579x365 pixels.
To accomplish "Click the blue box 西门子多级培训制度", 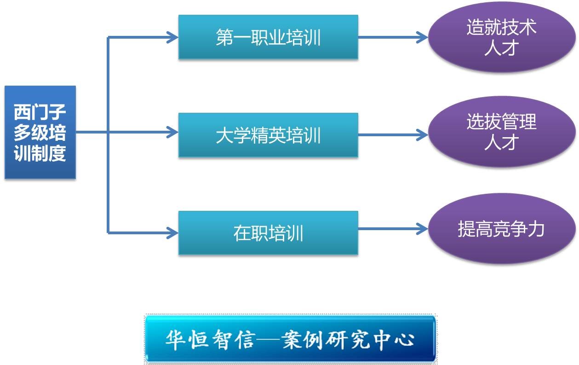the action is point(40,132).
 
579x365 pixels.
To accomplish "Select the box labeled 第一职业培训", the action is point(268,37).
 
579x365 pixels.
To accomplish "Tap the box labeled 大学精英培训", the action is point(268,135).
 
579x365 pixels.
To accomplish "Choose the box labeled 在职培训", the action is point(268,233).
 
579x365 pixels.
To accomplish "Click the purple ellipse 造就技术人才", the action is point(502,37).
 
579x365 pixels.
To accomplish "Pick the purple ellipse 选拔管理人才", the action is point(502,132).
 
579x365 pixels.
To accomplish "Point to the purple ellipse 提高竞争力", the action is point(502,229).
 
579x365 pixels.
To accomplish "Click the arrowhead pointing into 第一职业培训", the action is point(172,37).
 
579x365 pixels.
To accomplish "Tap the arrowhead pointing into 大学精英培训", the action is point(172,132).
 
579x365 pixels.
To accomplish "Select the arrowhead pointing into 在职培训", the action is point(172,233).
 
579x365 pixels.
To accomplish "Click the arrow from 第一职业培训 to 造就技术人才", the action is point(393,37).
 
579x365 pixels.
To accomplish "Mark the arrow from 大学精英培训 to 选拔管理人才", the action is point(393,135).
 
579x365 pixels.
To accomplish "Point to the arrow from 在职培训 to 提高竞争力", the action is point(393,229).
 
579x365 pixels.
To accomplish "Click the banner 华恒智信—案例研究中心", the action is point(290,339).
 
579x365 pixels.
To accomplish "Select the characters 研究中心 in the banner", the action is point(370,339).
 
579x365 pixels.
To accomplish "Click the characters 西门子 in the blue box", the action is point(40,112).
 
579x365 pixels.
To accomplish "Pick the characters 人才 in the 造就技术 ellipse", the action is point(501,48).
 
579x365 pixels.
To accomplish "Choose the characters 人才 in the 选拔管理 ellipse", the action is point(501,142).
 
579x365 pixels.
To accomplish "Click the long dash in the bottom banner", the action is point(268,339).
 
